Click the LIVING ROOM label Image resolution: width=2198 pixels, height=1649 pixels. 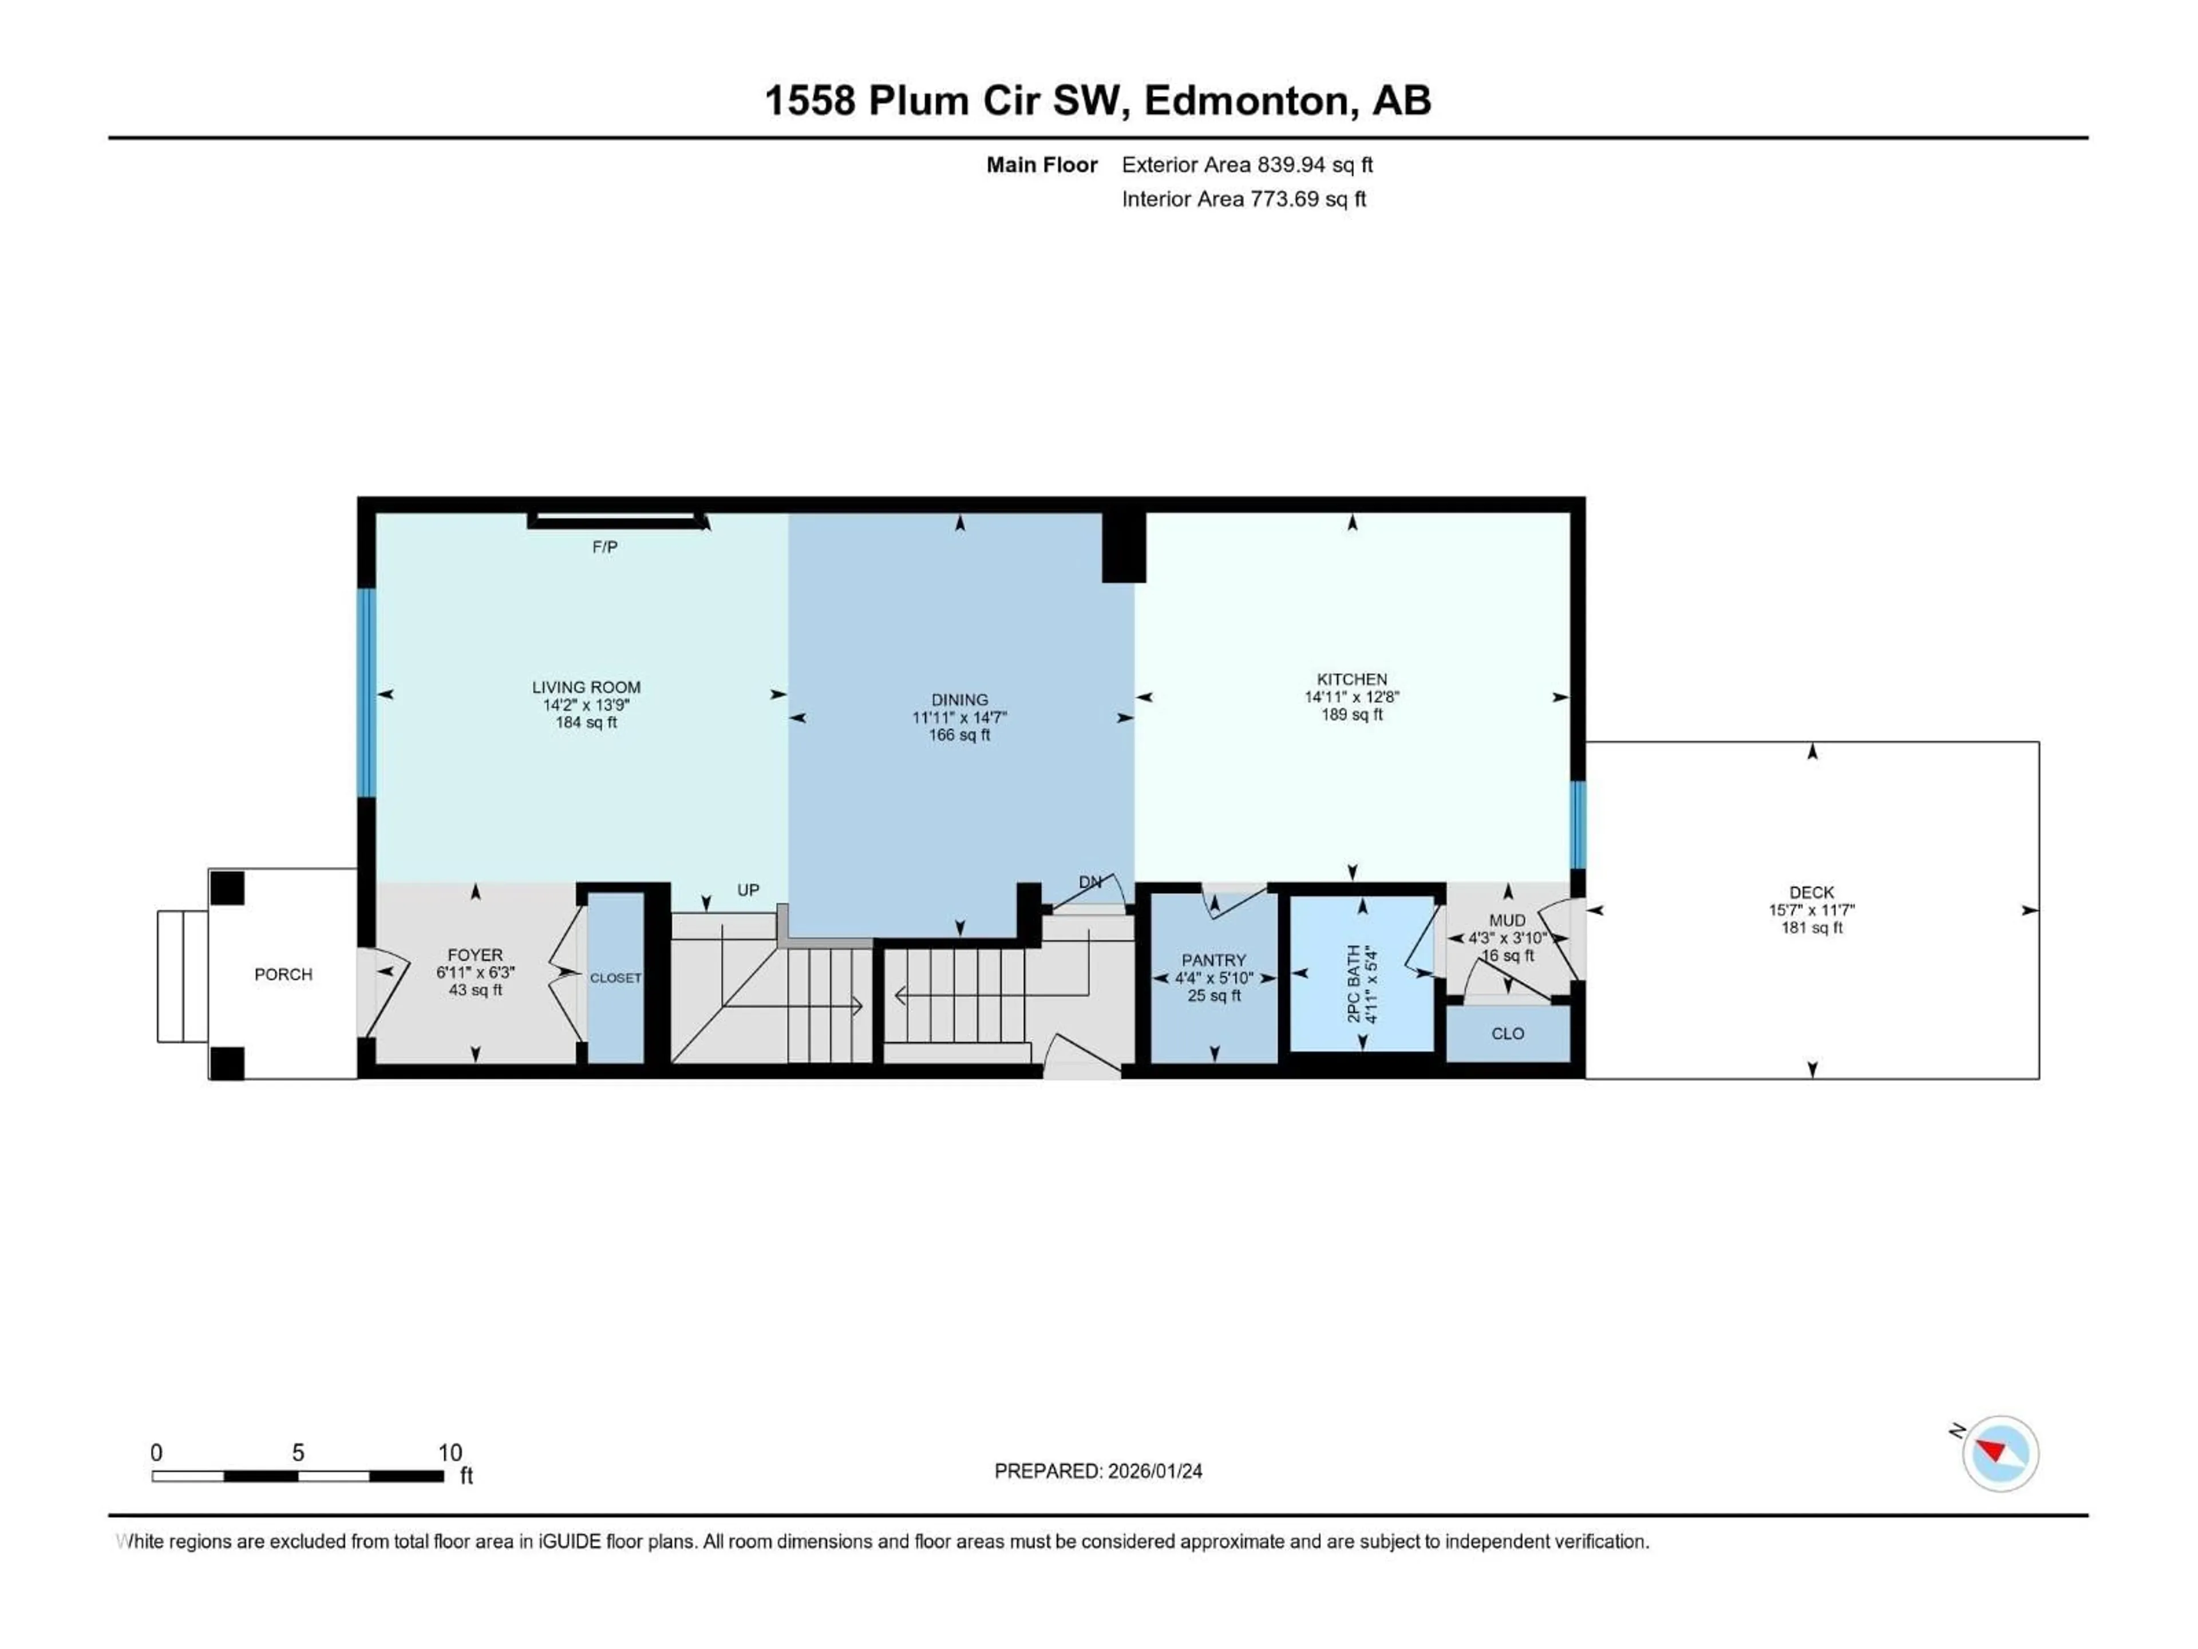point(586,687)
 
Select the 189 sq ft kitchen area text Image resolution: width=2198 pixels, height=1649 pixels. point(1351,715)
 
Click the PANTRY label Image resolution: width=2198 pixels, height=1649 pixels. point(1213,960)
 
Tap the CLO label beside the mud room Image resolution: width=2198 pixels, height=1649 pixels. point(1507,1033)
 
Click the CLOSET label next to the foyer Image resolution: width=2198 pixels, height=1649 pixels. point(615,978)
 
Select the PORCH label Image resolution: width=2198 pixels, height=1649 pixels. point(283,974)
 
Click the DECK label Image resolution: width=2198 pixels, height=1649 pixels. point(1812,893)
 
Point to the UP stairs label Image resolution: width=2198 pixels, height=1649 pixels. point(748,890)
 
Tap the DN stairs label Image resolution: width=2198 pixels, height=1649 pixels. point(1090,882)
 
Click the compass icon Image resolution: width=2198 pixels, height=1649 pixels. point(2001,1453)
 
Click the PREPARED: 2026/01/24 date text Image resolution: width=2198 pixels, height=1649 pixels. point(1098,1471)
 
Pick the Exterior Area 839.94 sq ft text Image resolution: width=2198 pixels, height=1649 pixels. point(1247,165)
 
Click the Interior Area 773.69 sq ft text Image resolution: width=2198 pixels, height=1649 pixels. point(1243,199)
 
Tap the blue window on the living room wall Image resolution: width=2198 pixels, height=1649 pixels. point(367,693)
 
